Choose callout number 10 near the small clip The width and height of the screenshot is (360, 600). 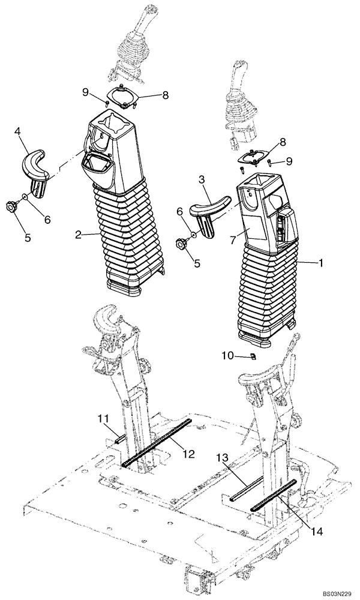pos(227,356)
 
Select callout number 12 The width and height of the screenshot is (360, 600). pos(188,454)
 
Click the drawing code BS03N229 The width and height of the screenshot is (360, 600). pos(333,593)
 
